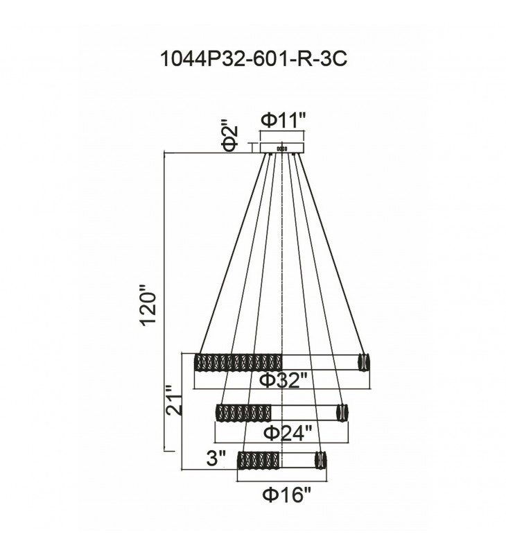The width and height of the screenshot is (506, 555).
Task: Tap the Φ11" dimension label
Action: coord(283,120)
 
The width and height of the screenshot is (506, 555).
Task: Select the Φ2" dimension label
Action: coord(231,136)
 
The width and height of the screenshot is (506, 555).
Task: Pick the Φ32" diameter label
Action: coord(283,381)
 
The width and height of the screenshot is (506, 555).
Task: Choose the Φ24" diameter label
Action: coord(283,433)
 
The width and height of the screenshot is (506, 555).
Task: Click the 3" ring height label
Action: coord(216,459)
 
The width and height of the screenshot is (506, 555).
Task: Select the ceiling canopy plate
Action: coord(282,148)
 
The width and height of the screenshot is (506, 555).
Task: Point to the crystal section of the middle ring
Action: coord(242,411)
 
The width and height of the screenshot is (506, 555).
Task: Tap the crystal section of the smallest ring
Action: coord(258,460)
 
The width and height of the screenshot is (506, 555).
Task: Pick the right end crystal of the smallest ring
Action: coord(320,460)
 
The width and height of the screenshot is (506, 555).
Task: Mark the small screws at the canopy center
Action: coord(281,148)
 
